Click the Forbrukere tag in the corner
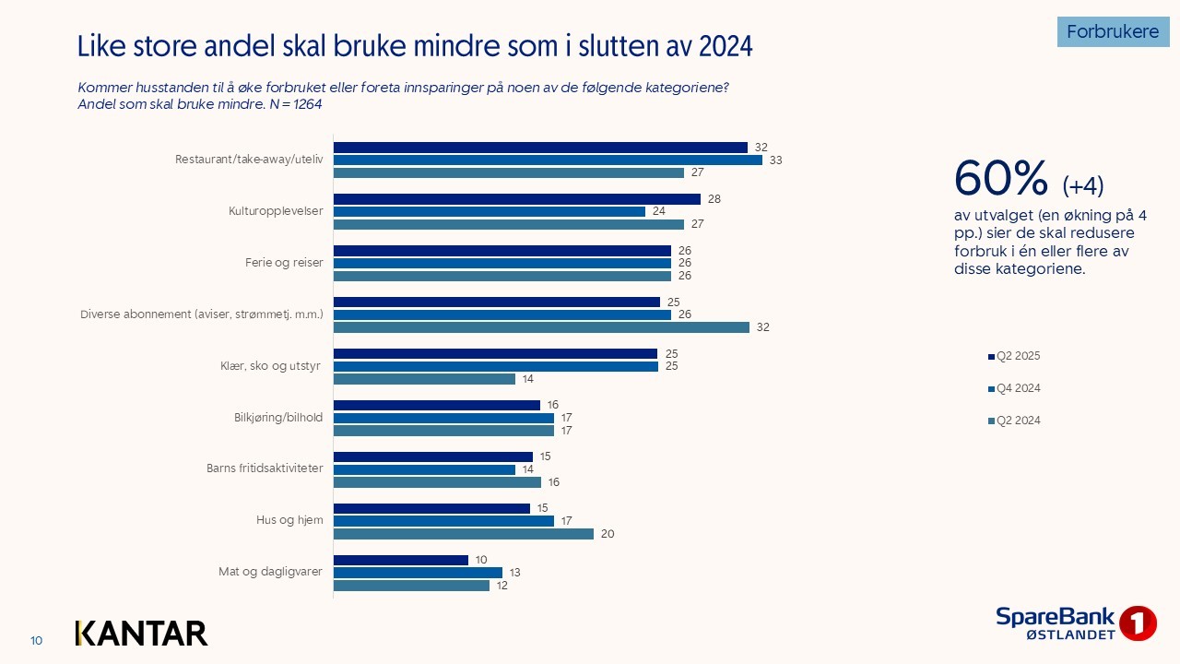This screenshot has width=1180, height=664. [1113, 31]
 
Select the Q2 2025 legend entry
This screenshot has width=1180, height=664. [1018, 356]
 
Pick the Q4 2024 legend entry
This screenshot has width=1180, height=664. [1018, 388]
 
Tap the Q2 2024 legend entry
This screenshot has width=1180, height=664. [1018, 421]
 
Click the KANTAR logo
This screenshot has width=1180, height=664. [141, 633]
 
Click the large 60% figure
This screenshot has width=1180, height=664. [1001, 179]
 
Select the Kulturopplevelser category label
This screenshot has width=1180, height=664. [276, 211]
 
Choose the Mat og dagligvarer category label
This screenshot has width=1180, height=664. [271, 572]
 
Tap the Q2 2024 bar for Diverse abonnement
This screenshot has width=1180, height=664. [541, 327]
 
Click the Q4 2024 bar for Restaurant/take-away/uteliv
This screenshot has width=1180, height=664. [548, 160]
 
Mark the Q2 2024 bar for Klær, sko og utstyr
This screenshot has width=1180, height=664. [424, 379]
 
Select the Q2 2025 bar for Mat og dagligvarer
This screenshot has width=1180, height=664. [401, 560]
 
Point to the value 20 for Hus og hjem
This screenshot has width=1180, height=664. [607, 534]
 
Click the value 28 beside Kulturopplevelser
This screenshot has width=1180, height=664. [713, 199]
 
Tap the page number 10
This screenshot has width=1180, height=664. [37, 641]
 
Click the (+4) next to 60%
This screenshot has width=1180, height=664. [1083, 186]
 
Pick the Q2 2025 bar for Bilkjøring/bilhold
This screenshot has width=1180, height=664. [436, 405]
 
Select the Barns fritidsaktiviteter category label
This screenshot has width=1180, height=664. [265, 468]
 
